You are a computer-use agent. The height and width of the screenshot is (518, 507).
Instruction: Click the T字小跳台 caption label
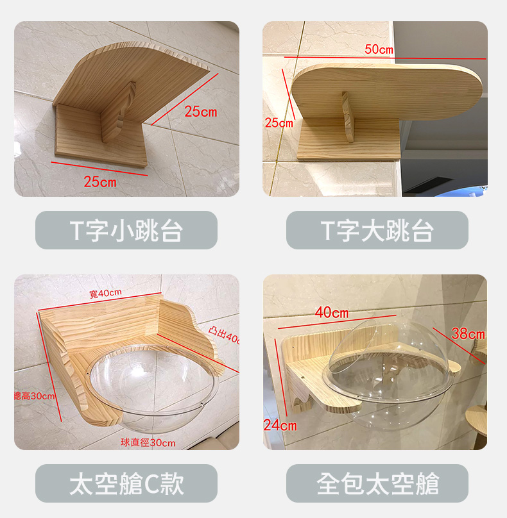click(126, 230)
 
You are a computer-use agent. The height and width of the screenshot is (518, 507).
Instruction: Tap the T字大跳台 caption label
click(377, 230)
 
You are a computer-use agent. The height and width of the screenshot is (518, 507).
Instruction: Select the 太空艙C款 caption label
click(126, 483)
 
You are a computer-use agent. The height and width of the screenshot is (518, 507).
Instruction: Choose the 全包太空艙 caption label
click(377, 483)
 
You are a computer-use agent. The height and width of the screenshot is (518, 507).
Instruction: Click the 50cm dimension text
click(379, 49)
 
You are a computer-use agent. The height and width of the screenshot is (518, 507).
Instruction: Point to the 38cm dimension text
click(468, 334)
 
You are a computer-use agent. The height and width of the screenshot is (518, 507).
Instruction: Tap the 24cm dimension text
click(280, 426)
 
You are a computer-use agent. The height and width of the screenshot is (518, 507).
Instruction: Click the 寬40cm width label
click(105, 293)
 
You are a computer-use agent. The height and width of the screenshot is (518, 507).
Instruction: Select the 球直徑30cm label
click(148, 443)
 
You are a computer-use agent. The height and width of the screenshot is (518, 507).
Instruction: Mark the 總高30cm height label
click(35, 396)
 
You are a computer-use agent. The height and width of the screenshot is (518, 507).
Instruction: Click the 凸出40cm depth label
click(224, 334)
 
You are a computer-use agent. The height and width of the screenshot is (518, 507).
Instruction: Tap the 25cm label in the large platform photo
click(279, 123)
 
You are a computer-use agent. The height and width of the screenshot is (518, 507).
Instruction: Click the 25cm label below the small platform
click(100, 182)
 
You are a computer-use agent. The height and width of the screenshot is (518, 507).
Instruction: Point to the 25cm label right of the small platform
click(201, 112)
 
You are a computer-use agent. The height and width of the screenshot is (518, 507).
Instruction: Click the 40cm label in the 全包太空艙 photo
click(331, 312)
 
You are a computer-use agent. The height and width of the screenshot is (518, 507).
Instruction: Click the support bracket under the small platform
click(118, 112)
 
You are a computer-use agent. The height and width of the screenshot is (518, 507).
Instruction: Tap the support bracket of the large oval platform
click(348, 117)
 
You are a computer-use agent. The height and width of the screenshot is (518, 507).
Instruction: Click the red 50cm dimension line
click(385, 58)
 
